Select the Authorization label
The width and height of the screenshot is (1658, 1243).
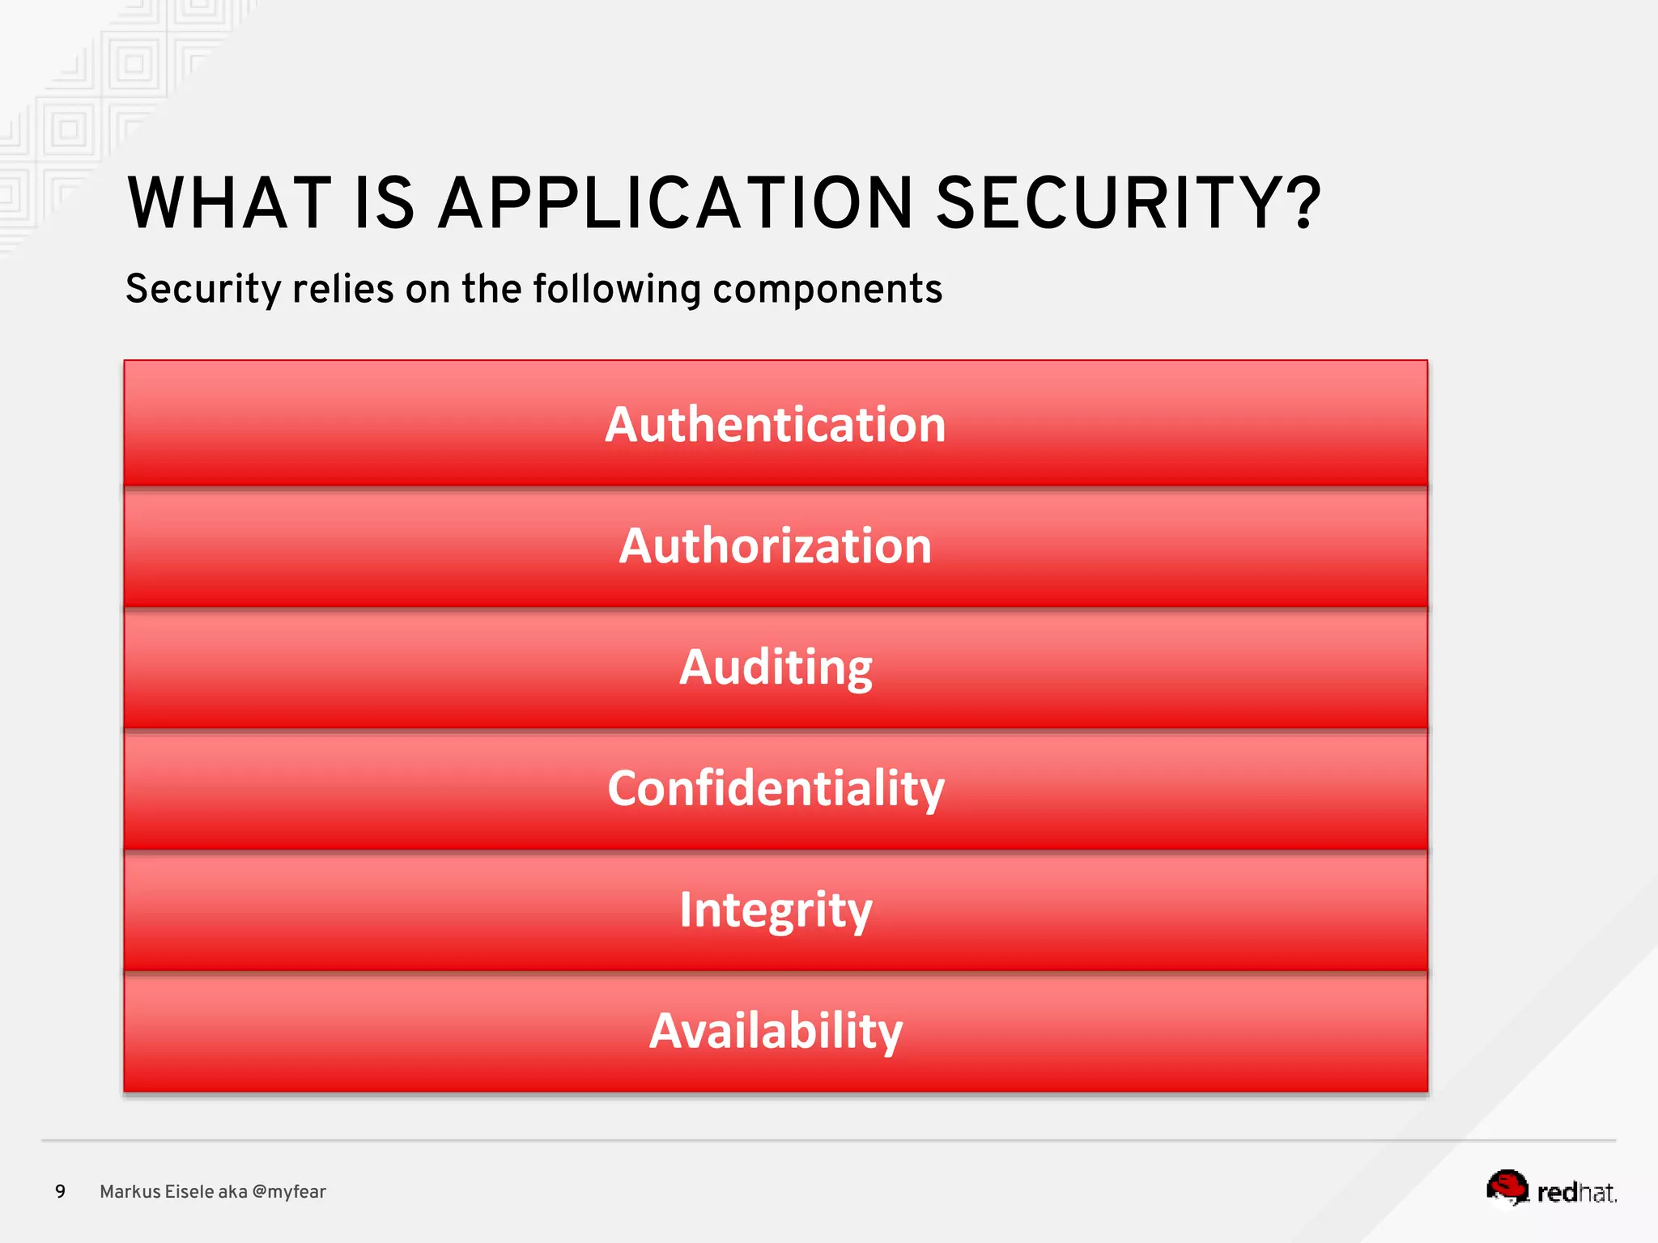point(775,545)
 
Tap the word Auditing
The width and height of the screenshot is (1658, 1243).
point(775,667)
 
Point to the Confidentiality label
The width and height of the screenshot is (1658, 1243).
point(775,788)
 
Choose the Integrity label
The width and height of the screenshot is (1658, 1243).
point(775,910)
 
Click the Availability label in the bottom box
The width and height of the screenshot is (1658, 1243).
point(775,1031)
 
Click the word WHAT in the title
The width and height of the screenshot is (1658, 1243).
point(229,203)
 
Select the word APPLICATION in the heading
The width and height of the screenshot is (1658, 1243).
point(676,203)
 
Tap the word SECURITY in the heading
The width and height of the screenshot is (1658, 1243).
point(1114,203)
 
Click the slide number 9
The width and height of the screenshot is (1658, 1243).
point(60,1191)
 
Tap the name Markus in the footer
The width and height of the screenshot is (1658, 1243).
point(130,1191)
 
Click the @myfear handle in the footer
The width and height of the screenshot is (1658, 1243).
point(289,1191)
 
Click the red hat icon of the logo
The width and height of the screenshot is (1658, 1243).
point(1507,1187)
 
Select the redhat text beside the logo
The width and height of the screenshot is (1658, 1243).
point(1576,1192)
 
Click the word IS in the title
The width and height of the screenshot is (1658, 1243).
point(385,203)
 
